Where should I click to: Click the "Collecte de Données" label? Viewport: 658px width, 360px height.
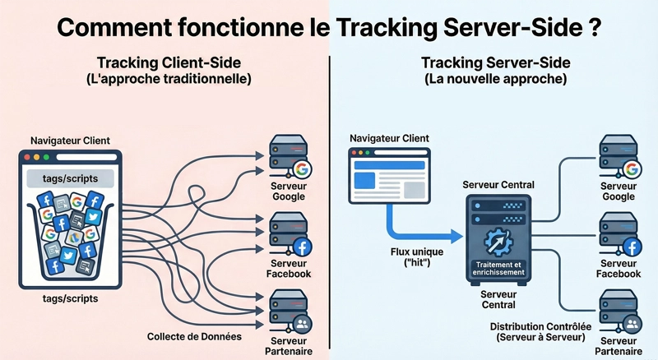[195, 336]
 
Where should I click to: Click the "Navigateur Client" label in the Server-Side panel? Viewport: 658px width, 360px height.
[389, 138]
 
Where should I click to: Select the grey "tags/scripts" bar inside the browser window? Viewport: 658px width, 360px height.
[70, 178]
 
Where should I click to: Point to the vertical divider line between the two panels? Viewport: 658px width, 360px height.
[329, 205]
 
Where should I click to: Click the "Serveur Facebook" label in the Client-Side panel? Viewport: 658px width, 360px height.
[288, 268]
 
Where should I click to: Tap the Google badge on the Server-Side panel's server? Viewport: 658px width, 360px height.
[632, 170]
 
